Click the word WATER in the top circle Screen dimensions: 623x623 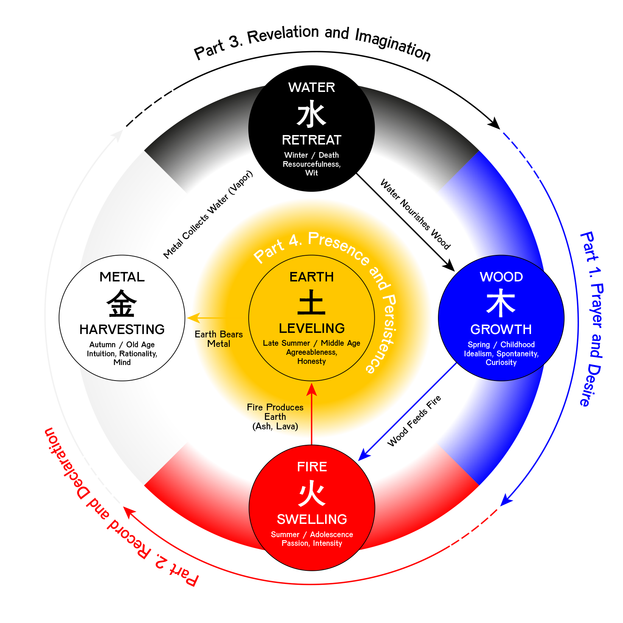click(x=311, y=87)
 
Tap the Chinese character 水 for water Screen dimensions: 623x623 click(x=311, y=114)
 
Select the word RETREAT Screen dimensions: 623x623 click(x=311, y=140)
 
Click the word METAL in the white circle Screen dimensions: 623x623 click(x=122, y=277)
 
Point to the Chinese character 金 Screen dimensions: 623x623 click(x=122, y=303)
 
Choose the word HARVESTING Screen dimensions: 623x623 click(x=122, y=329)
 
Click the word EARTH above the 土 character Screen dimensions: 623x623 click(x=311, y=277)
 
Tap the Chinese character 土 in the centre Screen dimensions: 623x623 click(x=311, y=303)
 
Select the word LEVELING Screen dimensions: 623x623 click(x=311, y=328)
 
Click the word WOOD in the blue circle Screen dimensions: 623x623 click(x=501, y=277)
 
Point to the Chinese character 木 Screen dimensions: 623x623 click(x=501, y=303)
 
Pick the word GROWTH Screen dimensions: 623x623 click(x=501, y=329)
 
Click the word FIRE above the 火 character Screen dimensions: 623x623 click(x=312, y=467)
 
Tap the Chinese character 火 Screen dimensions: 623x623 click(x=312, y=493)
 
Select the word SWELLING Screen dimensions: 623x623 click(x=312, y=519)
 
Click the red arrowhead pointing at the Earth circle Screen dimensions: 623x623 click(x=311, y=390)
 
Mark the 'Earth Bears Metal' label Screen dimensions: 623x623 click(x=219, y=339)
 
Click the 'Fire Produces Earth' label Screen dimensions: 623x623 click(x=275, y=412)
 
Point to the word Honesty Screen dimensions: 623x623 click(x=311, y=361)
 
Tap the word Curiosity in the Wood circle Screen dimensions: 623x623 click(x=501, y=362)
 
